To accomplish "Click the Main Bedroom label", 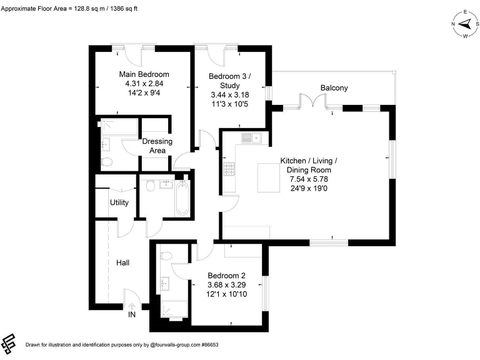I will (144, 74).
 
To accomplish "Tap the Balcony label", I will (334, 88).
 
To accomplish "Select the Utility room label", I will (119, 202).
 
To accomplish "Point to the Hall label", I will (123, 263).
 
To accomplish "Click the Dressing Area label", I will (157, 146).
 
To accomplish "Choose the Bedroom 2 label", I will (226, 276).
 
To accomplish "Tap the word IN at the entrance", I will (132, 315).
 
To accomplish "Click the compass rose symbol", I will (464, 24).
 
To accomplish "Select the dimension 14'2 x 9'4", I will (144, 93).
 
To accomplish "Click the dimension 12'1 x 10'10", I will (226, 294).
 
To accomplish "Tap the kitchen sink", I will (252, 137).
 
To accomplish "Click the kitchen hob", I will (229, 168).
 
